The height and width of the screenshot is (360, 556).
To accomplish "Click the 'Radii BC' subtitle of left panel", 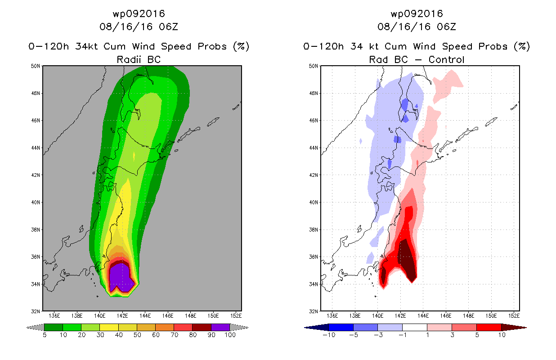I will [x=139, y=59].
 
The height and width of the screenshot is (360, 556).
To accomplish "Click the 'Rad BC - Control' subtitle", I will [x=417, y=59].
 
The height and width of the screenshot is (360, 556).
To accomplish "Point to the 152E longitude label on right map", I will [x=514, y=316].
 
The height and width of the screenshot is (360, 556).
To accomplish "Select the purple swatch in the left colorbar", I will [x=220, y=327].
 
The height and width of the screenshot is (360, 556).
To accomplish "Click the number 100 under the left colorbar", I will [x=230, y=335].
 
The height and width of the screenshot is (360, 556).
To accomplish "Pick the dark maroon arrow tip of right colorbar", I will [x=520, y=327].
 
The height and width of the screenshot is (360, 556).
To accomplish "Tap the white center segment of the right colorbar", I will [x=415, y=327].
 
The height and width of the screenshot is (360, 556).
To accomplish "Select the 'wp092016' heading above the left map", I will [x=139, y=13].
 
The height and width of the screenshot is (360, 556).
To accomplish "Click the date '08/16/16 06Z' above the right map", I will [x=417, y=27].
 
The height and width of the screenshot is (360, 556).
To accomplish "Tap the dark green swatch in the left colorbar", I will [x=53, y=327].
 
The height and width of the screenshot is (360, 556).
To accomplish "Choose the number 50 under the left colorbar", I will [x=137, y=335].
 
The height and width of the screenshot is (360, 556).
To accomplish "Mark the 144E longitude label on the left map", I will [x=145, y=316].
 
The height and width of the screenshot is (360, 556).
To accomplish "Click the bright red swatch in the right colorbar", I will [x=489, y=327].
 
